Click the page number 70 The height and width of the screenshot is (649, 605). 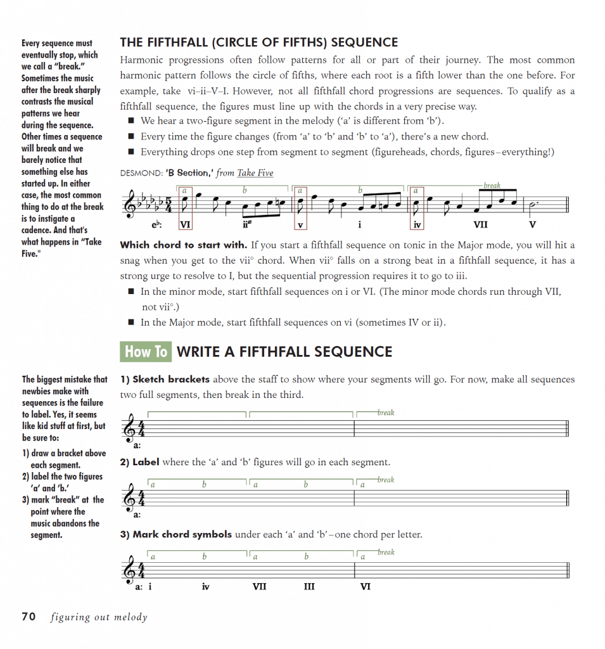pyautogui.click(x=29, y=616)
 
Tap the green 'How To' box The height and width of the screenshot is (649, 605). pyautogui.click(x=146, y=352)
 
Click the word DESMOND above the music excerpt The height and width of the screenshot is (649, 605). pyautogui.click(x=138, y=173)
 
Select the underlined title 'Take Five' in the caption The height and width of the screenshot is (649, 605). pyautogui.click(x=255, y=173)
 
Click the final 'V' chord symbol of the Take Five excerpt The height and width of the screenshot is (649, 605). pyautogui.click(x=532, y=224)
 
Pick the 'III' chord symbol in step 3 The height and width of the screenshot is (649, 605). pyautogui.click(x=309, y=587)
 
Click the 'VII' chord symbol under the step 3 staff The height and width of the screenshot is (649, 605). pyautogui.click(x=259, y=587)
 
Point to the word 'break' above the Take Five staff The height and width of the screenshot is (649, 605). pyautogui.click(x=492, y=186)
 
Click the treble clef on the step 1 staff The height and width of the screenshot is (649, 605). pyautogui.click(x=131, y=430)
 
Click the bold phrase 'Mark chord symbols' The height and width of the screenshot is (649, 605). pyautogui.click(x=182, y=534)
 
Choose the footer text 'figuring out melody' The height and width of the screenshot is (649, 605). pyautogui.click(x=99, y=617)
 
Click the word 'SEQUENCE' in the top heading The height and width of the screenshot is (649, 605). pyautogui.click(x=364, y=43)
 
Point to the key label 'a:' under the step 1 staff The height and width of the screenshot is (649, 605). pyautogui.click(x=137, y=446)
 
